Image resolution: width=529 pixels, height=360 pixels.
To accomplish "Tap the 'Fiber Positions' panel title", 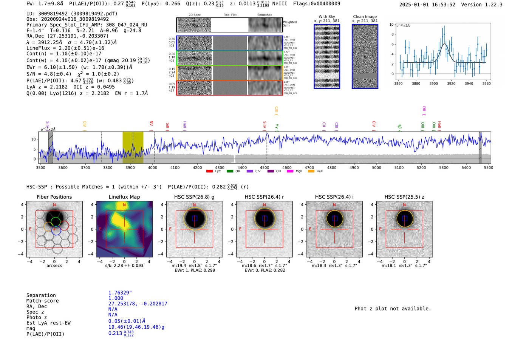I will click(x=54, y=197).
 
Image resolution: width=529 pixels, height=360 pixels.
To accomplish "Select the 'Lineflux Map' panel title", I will click(x=124, y=197).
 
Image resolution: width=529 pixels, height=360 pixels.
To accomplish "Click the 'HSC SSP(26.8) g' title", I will click(x=194, y=197).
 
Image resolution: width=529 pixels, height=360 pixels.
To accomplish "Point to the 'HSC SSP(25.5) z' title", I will click(x=404, y=197).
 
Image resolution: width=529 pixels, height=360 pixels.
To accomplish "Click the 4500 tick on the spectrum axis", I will click(x=264, y=167).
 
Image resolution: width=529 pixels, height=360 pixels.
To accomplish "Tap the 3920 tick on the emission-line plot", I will click(x=451, y=83).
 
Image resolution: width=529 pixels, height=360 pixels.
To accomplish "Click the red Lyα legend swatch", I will click(x=209, y=172).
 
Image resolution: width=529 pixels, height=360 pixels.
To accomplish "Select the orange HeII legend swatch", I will click(x=311, y=172).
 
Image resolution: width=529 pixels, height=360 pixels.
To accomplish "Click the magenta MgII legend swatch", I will click(x=290, y=172).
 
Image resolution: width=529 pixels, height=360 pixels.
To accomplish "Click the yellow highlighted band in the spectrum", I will click(x=133, y=147).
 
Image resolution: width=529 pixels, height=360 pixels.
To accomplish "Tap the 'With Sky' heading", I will click(x=327, y=17).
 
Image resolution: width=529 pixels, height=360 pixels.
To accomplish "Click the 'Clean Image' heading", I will click(x=365, y=17).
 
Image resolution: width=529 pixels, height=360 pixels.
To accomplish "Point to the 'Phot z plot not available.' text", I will click(x=393, y=309).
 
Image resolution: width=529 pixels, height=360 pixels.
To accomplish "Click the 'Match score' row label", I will click(x=42, y=301).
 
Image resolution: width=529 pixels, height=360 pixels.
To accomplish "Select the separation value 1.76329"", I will click(x=120, y=293).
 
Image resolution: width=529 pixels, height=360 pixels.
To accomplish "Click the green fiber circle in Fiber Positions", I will click(x=56, y=221).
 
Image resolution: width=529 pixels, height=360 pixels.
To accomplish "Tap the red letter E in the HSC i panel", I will click(x=310, y=229).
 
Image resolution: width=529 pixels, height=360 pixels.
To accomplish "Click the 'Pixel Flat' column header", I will click(x=230, y=15).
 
